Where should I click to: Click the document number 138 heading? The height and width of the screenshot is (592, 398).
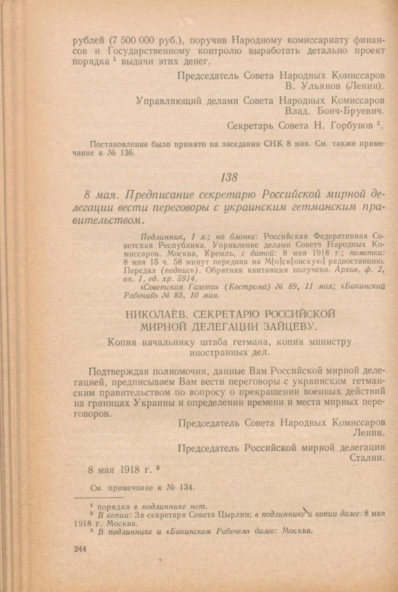tap(229, 178)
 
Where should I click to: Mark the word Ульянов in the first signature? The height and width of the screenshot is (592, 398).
tap(314, 85)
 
